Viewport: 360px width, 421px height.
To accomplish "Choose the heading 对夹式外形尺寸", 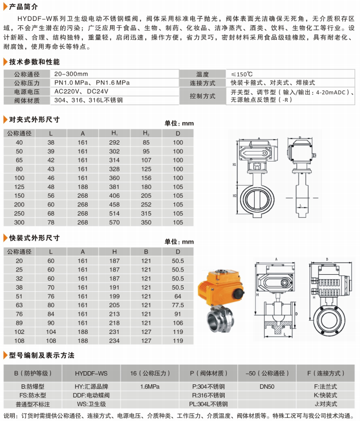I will click(x=35, y=119).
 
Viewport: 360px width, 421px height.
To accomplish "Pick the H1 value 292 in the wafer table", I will click(x=115, y=142).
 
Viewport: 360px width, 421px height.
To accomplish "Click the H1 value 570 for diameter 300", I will click(x=115, y=222).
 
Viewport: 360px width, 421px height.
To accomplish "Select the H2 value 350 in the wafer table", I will click(x=146, y=222).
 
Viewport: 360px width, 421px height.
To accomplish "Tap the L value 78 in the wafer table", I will click(x=51, y=222).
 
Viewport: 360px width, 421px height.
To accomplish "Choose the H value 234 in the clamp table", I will click(x=115, y=340).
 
